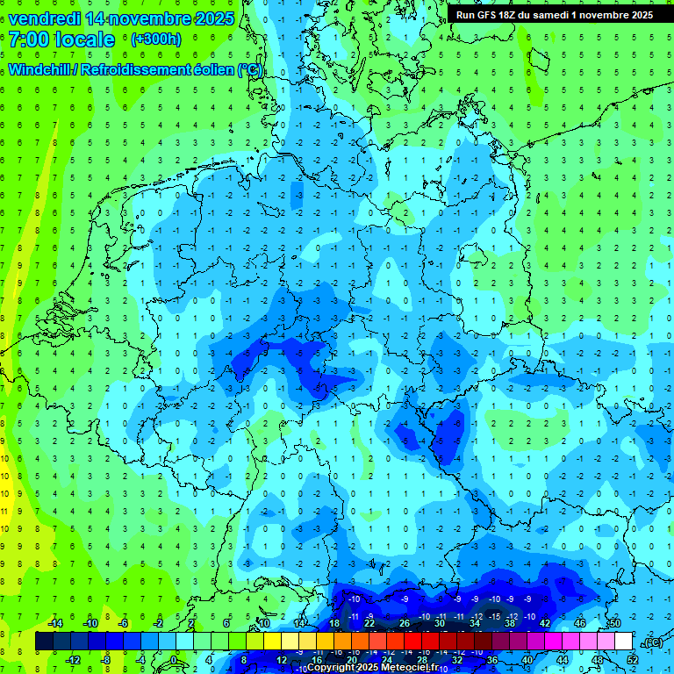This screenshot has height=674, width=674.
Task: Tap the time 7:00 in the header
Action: tap(29, 39)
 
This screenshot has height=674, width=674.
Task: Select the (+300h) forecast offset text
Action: tap(156, 39)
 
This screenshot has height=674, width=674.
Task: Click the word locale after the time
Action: tap(84, 39)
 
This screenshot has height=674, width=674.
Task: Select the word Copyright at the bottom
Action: tap(331, 667)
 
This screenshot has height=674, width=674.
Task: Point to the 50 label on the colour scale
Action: tap(614, 623)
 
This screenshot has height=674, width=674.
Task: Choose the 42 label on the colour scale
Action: tap(544, 623)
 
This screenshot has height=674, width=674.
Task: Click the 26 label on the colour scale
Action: tap(405, 623)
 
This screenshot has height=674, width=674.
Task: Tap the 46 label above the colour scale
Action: tap(579, 623)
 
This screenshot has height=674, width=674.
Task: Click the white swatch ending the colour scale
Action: tap(623, 642)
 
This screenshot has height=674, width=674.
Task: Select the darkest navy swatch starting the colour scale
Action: tap(44, 642)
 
